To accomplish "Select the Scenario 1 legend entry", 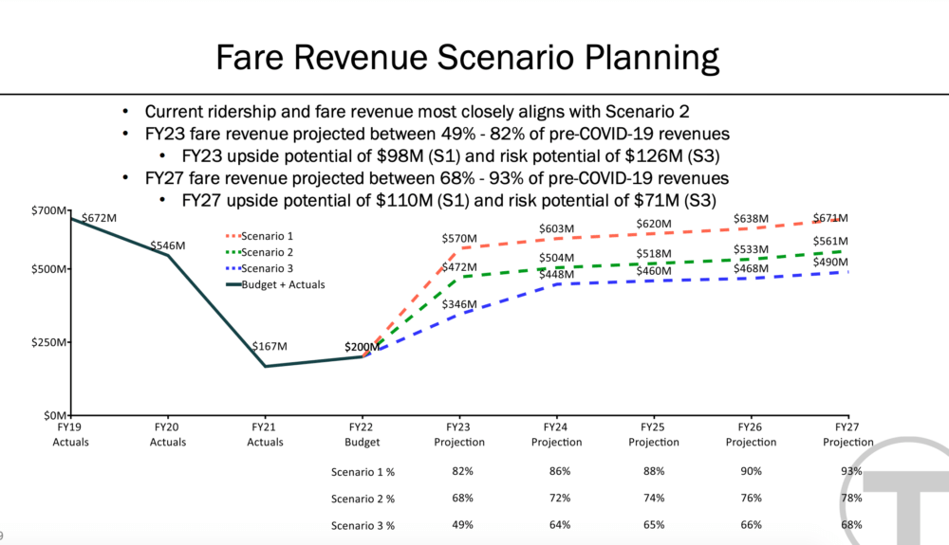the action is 260,236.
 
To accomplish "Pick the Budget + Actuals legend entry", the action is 275,284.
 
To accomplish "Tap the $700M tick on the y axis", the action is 49,210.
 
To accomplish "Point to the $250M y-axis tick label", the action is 49,342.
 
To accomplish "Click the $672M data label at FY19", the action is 100,218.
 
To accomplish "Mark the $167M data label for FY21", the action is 270,346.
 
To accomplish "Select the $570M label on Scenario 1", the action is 459,239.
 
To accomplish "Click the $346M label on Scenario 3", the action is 459,304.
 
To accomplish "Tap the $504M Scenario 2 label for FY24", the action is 557,258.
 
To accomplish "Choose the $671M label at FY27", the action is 830,218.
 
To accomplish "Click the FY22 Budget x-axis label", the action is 362,434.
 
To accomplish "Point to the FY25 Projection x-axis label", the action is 654,434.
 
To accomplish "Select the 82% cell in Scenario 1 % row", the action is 462,471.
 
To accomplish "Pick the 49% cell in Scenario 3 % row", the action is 462,525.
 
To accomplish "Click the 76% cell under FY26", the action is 751,498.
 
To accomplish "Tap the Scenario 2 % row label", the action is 363,500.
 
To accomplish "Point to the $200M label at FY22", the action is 362,348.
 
